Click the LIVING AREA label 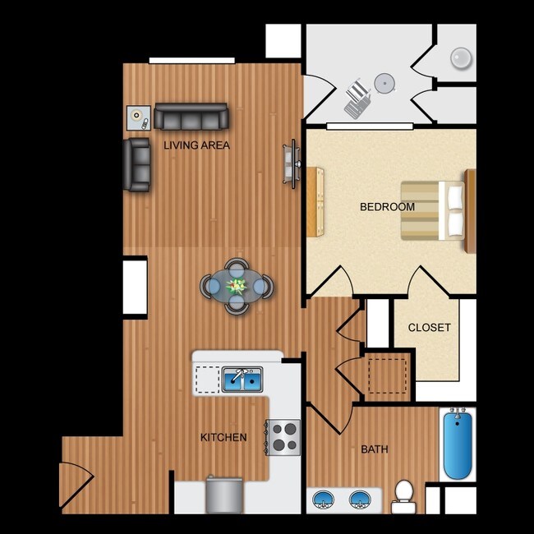(196, 145)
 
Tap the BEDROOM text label (387, 207)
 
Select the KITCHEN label (223, 437)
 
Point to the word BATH (375, 449)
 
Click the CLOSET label (430, 327)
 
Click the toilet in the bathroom (403, 495)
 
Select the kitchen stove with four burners (284, 436)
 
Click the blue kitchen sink (242, 380)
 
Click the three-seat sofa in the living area (191, 117)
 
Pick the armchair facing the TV (137, 164)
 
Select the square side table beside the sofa (138, 118)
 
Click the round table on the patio (384, 82)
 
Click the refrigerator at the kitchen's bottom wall (224, 495)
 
